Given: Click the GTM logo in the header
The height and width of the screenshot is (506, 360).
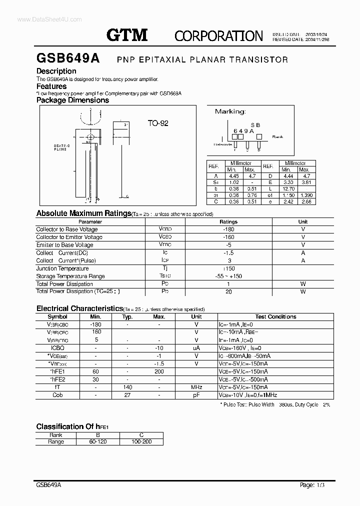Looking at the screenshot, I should pyautogui.click(x=127, y=34).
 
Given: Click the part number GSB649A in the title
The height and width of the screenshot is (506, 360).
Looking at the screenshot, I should pyautogui.click(x=68, y=58).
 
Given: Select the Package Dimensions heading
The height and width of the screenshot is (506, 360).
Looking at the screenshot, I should pyautogui.click(x=72, y=100).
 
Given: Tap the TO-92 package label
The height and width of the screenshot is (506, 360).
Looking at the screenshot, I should pyautogui.click(x=157, y=123).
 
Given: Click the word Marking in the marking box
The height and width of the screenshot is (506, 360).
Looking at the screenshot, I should pyautogui.click(x=230, y=111).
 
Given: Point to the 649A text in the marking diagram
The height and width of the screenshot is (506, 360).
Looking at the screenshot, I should pyautogui.click(x=243, y=130).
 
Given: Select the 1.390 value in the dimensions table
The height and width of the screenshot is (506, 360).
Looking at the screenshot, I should pyautogui.click(x=305, y=195).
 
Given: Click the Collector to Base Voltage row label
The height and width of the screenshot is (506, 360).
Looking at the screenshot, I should pyautogui.click(x=66, y=229).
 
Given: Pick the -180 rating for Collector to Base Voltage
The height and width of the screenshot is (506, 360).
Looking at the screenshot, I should pyautogui.click(x=228, y=229).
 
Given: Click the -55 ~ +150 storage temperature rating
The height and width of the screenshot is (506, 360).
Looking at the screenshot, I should pyautogui.click(x=228, y=276).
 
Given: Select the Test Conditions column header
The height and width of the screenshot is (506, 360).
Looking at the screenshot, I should pyautogui.click(x=275, y=317).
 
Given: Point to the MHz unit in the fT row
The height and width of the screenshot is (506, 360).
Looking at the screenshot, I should pyautogui.click(x=196, y=387).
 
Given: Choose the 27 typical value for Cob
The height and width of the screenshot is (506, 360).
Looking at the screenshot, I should pyautogui.click(x=127, y=395).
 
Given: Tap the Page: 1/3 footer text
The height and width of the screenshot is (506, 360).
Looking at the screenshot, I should pyautogui.click(x=315, y=485).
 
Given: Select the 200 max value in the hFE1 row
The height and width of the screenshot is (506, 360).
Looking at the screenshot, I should pyautogui.click(x=159, y=371).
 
